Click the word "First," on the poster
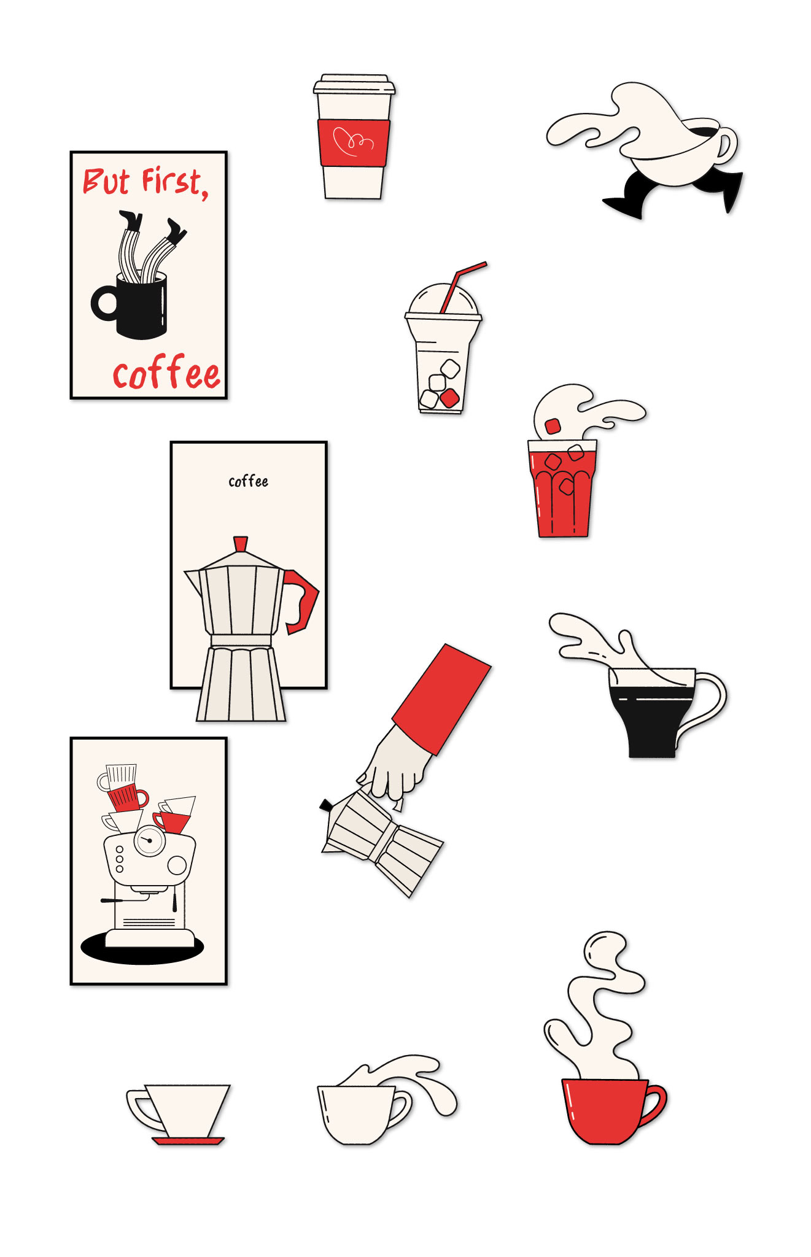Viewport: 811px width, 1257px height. click(176, 182)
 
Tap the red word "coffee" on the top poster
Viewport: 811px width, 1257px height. click(166, 373)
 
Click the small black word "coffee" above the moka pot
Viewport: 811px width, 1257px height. click(248, 481)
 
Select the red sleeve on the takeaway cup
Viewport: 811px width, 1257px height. click(354, 142)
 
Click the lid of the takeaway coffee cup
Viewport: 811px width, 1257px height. click(354, 85)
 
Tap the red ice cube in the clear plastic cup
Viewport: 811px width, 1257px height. click(450, 398)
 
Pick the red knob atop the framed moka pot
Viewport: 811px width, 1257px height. click(241, 544)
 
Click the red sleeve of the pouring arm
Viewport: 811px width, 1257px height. click(442, 698)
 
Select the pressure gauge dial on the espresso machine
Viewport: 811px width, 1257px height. click(150, 840)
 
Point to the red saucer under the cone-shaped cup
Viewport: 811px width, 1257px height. click(188, 1141)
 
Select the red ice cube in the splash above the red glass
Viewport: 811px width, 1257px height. click(553, 426)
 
